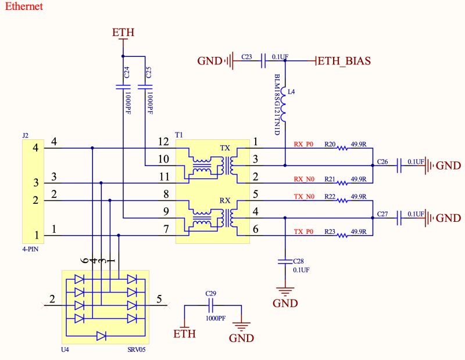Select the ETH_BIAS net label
pos(344,60)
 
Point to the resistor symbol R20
pos(344,148)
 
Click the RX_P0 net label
pos(303,144)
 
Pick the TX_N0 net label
pos(303,197)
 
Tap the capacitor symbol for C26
pos(399,166)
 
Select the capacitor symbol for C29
pos(211,305)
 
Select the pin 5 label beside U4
pos(159,300)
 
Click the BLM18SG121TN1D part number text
pos(277,105)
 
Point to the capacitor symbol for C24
pos(123,87)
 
